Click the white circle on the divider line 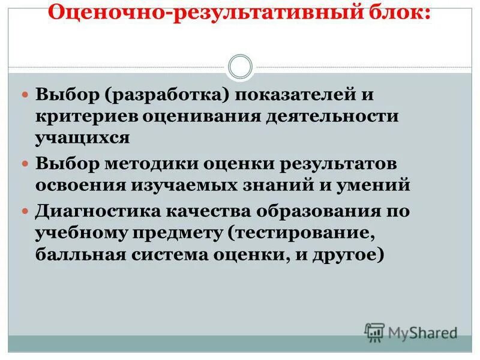click(x=240, y=67)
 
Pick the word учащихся click(x=82, y=137)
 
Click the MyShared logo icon click(x=374, y=332)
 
